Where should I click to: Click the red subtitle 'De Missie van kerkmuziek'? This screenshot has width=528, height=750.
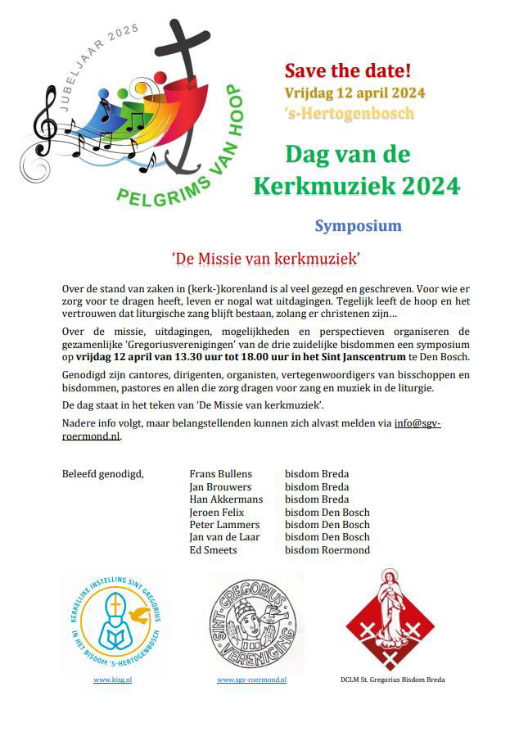pyautogui.click(x=267, y=259)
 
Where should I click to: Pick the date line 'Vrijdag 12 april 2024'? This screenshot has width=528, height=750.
pyautogui.click(x=354, y=93)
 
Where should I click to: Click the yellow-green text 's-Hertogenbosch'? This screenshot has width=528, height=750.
pyautogui.click(x=349, y=113)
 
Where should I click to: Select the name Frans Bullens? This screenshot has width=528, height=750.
pyautogui.click(x=221, y=474)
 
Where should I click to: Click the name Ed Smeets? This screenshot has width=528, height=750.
pyautogui.click(x=213, y=550)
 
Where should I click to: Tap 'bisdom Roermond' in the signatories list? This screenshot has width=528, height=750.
pyautogui.click(x=327, y=550)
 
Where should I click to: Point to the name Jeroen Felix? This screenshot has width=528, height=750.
pyautogui.click(x=217, y=513)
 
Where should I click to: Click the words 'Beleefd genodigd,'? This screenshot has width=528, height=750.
pyautogui.click(x=102, y=474)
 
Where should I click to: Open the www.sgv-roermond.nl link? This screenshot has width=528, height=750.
pyautogui.click(x=251, y=680)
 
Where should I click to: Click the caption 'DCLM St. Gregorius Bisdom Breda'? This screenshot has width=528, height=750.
pyautogui.click(x=393, y=680)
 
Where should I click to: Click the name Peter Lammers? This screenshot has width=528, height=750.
pyautogui.click(x=224, y=525)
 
